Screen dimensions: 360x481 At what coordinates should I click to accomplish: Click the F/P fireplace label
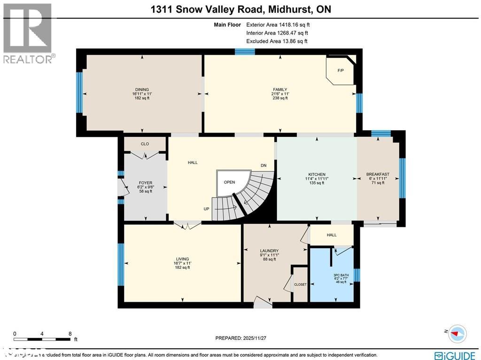coord(341,71)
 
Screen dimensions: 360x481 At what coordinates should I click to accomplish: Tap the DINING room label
coord(142,90)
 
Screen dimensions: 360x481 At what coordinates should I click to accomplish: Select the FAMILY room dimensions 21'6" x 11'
coord(280,94)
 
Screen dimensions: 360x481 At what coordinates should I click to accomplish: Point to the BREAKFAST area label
coord(378,174)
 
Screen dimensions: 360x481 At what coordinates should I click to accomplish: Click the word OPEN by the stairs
coord(229,182)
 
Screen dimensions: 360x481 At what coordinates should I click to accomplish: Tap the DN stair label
coord(264,165)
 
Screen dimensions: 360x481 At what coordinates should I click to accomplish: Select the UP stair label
coord(206,209)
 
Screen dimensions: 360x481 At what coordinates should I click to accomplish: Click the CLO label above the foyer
coord(145,144)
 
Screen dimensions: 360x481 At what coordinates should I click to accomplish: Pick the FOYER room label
coord(145,183)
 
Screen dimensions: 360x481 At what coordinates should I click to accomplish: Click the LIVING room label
coord(182,259)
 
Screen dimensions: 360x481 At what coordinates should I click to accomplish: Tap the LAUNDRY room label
coord(270,250)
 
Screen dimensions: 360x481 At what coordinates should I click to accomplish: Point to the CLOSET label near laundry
coord(300,284)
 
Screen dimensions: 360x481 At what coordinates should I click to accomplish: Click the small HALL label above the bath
coord(332,235)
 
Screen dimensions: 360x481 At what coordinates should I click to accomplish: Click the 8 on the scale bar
coord(70,334)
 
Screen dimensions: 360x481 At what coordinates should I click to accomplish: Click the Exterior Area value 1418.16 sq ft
coord(277,24)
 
